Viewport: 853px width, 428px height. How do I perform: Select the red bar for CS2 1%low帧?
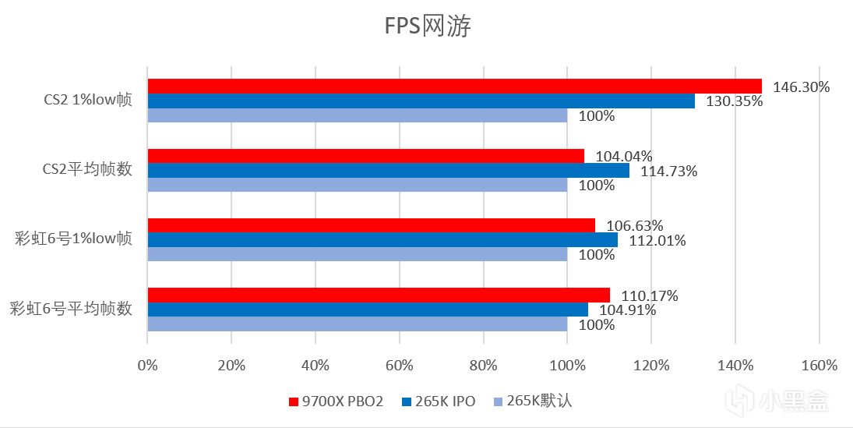pyautogui.click(x=454, y=86)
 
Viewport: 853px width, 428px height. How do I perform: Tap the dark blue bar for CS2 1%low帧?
pyautogui.click(x=421, y=101)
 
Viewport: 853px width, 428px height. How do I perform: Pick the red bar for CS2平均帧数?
pyautogui.click(x=365, y=156)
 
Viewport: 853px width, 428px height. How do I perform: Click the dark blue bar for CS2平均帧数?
pyautogui.click(x=388, y=170)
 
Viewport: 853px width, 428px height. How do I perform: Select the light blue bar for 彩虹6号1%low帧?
pyautogui.click(x=357, y=254)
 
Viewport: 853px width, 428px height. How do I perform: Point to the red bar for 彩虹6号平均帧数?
pyautogui.click(x=379, y=295)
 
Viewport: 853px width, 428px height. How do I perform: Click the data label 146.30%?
pyautogui.click(x=801, y=87)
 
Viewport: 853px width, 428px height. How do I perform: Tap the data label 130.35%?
pyautogui.click(x=734, y=101)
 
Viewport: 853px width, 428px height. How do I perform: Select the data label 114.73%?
pyautogui.click(x=668, y=171)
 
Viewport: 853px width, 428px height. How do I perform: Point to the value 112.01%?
pyautogui.click(x=657, y=240)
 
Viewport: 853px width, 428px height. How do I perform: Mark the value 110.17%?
pyautogui.click(x=649, y=295)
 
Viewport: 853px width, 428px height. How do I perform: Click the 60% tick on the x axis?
pyautogui.click(x=399, y=365)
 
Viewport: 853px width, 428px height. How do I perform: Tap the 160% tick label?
pyautogui.click(x=819, y=365)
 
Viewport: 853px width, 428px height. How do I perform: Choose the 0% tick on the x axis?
pyautogui.click(x=147, y=365)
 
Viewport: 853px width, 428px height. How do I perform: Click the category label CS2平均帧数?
pyautogui.click(x=86, y=169)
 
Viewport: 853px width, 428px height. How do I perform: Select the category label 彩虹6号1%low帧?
pyautogui.click(x=73, y=239)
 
